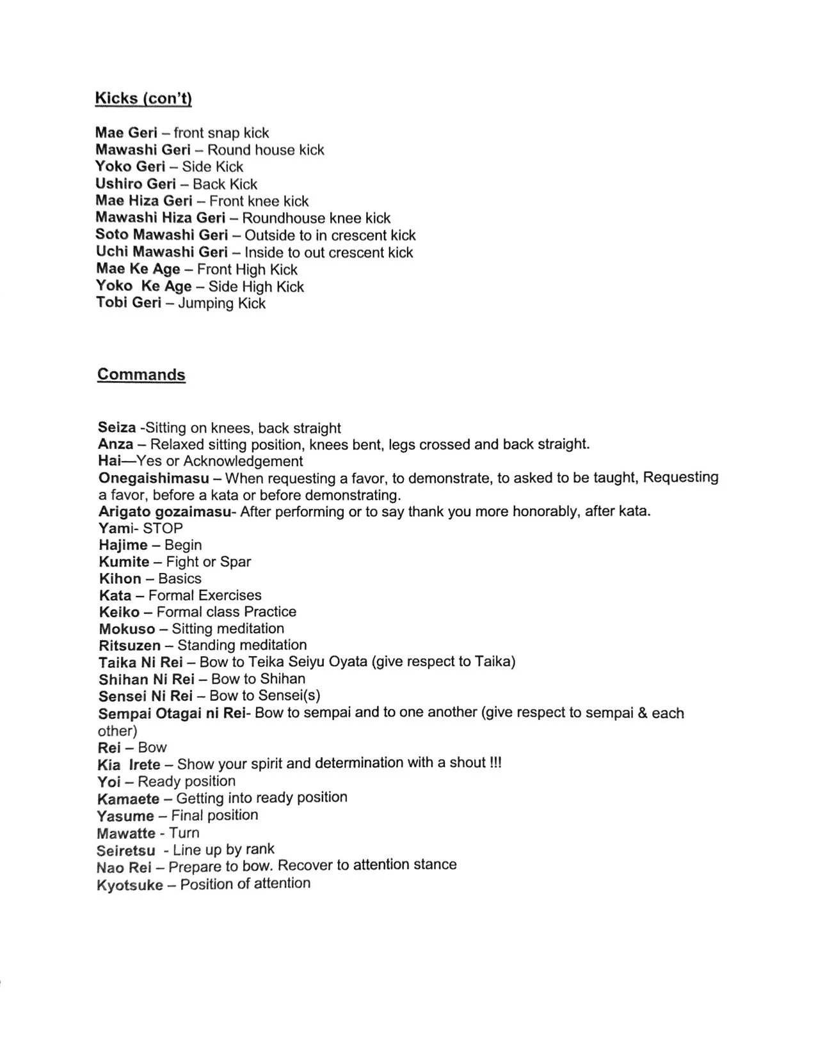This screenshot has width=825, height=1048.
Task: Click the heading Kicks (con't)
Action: point(143,98)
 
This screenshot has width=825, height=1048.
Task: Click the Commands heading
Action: point(141,375)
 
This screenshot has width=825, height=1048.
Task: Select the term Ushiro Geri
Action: point(135,184)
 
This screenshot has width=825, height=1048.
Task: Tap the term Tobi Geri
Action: point(129,303)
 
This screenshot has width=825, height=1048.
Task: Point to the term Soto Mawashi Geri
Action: point(161,235)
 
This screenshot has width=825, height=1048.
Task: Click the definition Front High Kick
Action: point(247,269)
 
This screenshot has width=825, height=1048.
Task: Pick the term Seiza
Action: point(116,428)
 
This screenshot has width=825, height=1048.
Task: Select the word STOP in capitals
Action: point(163,528)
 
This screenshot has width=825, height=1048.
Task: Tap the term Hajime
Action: point(123,545)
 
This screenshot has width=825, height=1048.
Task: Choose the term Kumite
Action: point(124,562)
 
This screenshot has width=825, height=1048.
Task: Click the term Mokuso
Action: point(127,629)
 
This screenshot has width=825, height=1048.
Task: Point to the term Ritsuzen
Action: point(129,646)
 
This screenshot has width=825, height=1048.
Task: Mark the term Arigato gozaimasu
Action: point(164,512)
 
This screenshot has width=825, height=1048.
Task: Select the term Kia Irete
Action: point(129,765)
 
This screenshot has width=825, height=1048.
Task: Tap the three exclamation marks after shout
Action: point(495,763)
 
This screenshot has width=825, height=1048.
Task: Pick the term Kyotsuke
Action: point(129,886)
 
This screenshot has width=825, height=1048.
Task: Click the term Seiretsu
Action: point(125,851)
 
